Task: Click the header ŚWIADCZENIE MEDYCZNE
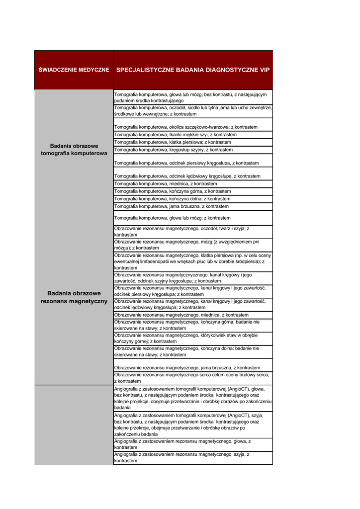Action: [74, 70]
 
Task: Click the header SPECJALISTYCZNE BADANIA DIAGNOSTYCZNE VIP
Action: [193, 70]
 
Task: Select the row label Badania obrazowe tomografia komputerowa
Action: [74, 150]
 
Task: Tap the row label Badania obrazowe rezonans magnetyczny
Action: [74, 297]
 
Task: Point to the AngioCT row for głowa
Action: [193, 398]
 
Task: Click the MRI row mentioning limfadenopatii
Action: [193, 261]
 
